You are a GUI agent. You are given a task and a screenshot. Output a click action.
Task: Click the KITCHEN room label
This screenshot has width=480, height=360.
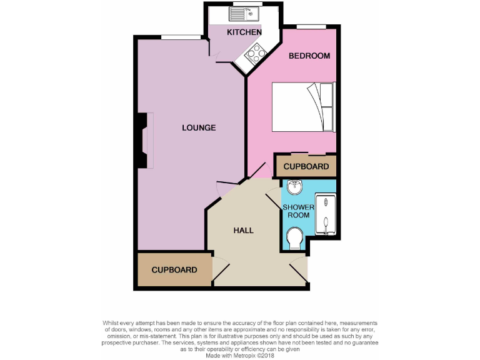tap(244, 32)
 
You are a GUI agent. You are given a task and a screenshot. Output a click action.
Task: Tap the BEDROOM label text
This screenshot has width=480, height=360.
tap(309, 56)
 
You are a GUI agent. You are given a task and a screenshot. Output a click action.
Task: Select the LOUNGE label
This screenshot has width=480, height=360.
tap(199, 127)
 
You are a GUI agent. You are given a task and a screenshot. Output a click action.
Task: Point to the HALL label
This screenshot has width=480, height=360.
tap(243, 230)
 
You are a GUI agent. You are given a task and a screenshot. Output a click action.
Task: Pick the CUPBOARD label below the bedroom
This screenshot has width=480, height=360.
tap(306, 167)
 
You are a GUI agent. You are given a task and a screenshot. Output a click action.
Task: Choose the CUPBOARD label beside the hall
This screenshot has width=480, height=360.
tap(174, 270)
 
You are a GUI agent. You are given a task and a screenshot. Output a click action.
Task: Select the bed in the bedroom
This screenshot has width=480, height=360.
tap(304, 107)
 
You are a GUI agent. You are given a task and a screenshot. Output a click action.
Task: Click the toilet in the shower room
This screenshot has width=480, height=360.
tap(294, 237)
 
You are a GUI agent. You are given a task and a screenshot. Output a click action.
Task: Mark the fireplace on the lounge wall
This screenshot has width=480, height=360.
tap(144, 140)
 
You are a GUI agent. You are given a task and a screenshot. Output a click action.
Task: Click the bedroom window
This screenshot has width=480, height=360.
tap(311, 26)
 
